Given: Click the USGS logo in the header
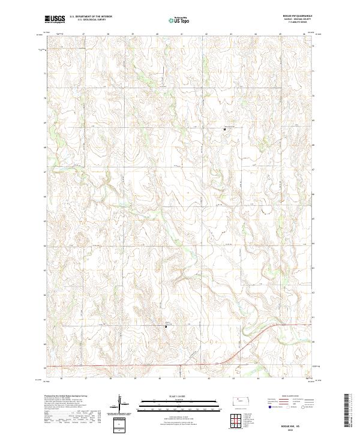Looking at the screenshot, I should (x=55, y=19).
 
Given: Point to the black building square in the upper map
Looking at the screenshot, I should (x=224, y=128).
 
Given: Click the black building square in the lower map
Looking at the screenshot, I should (x=165, y=326).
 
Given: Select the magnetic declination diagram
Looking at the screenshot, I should (x=121, y=404).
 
